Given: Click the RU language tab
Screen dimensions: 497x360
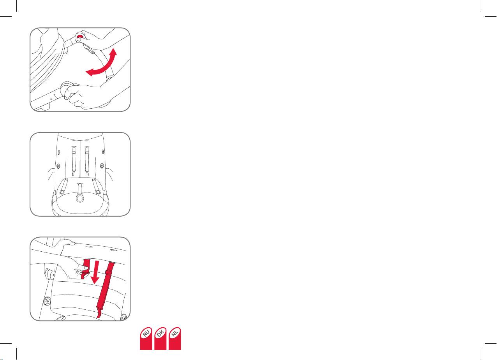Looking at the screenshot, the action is (146, 338).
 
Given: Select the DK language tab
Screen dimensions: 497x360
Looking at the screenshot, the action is (160, 338).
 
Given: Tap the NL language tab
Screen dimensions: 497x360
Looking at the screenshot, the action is (174, 338).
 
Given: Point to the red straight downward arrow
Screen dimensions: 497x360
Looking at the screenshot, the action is (96, 272).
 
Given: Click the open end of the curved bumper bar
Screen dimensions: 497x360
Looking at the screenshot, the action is (109, 78).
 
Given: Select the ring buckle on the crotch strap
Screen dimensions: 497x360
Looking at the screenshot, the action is (80, 197).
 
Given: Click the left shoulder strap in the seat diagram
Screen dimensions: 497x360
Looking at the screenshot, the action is (74, 161).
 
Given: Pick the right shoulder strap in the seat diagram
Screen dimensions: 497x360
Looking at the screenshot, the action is (87, 161).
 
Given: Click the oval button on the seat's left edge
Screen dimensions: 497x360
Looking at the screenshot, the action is (58, 166).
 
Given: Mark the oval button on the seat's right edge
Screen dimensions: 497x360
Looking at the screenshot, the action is (102, 166).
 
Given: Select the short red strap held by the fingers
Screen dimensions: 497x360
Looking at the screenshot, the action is (86, 268).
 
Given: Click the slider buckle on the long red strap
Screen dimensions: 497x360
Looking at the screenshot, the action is (108, 273).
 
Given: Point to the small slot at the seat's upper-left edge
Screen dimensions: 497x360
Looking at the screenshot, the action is (59, 153).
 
